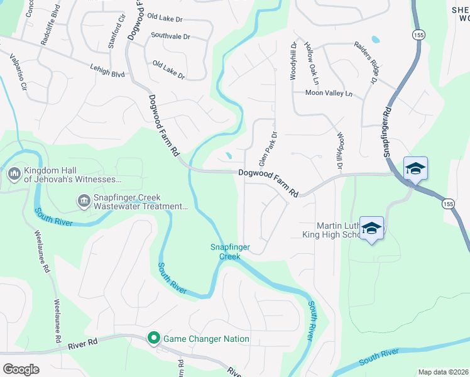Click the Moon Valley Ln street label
329,93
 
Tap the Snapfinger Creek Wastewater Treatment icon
83,201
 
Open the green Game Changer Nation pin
153,339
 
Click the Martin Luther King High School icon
372,228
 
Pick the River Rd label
84,343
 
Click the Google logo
21,369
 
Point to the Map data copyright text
442,372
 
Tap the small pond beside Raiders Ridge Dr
376,39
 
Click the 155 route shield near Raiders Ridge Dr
418,35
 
